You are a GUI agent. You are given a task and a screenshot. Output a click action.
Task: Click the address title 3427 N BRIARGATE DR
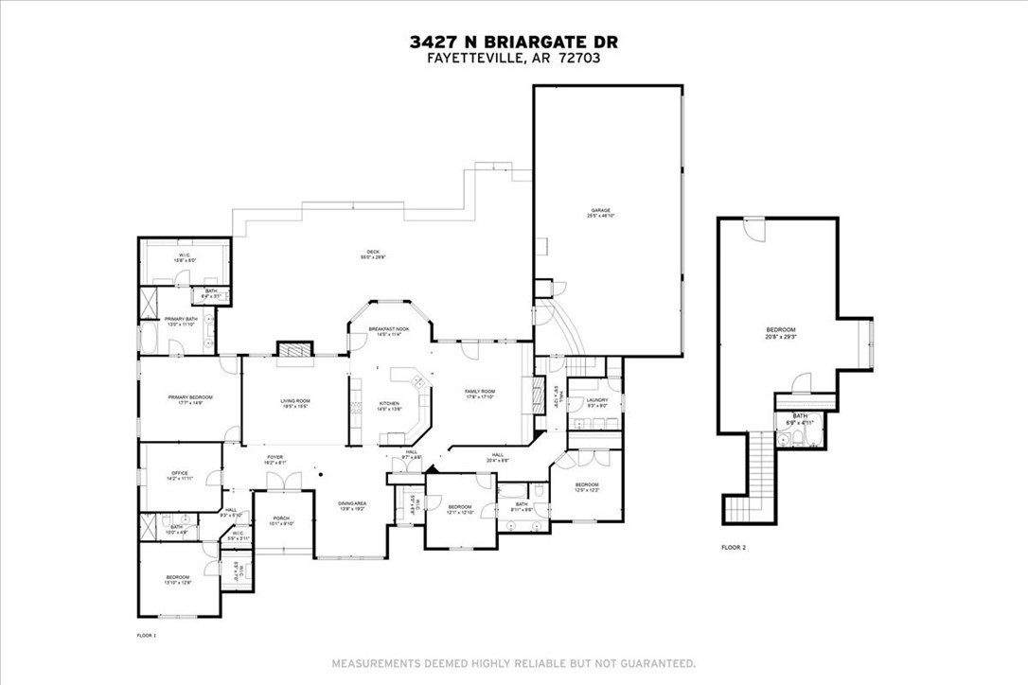coord(514,42)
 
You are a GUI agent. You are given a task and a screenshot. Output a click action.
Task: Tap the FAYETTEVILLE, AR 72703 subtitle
coord(514,58)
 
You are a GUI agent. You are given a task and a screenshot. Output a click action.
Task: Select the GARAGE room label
coord(601,212)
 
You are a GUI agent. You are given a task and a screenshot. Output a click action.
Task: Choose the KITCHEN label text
coord(390,407)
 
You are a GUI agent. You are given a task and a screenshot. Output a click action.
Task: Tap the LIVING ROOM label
coord(295,403)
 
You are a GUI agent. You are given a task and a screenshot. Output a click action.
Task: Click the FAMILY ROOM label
coord(480,394)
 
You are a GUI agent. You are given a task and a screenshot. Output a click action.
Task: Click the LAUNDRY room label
coord(596,402)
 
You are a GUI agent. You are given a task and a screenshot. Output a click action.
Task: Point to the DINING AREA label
coord(353,506)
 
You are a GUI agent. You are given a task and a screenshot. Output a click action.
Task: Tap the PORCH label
coord(281,519)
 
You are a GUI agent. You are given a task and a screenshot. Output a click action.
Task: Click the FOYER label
coord(275,460)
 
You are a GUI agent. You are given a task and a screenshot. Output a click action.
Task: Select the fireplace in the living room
coord(292,349)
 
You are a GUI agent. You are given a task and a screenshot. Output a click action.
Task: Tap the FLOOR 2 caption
coord(734,547)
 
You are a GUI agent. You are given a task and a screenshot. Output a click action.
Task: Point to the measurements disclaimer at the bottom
coord(514,662)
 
